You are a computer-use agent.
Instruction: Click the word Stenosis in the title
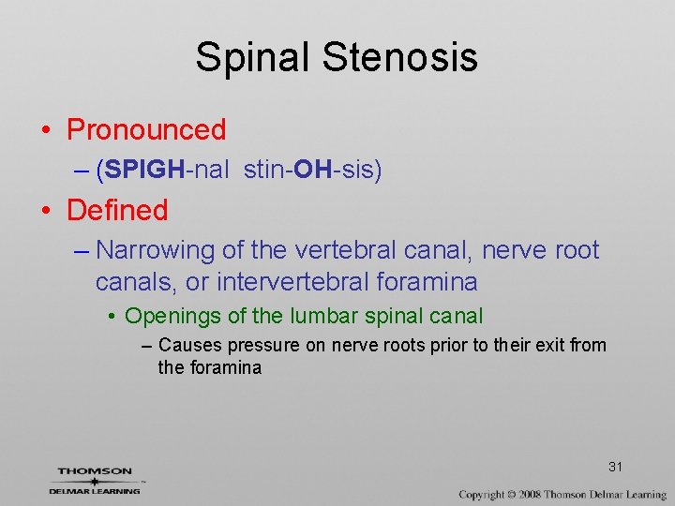click(x=400, y=57)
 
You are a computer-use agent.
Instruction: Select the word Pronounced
click(x=146, y=129)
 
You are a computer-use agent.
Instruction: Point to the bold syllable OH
click(x=310, y=170)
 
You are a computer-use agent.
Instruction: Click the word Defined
click(x=117, y=210)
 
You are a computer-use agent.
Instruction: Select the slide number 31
click(x=616, y=467)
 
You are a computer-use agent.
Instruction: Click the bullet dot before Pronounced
click(x=46, y=130)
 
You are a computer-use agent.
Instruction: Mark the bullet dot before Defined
click(x=46, y=211)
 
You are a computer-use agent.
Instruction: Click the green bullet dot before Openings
click(x=112, y=317)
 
